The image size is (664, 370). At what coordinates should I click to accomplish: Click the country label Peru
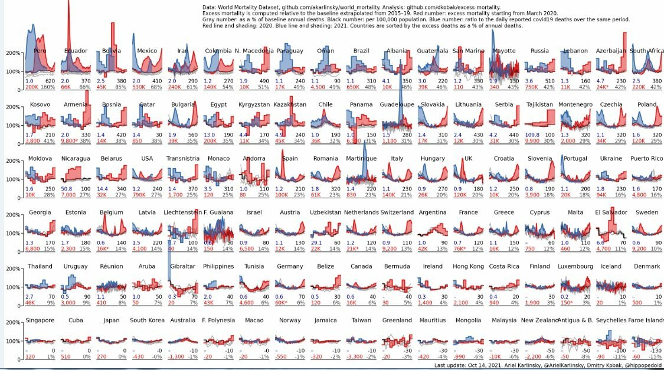pos(40,51)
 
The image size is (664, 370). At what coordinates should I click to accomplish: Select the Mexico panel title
pos(147,51)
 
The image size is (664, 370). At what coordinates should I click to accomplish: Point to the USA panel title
pos(147,158)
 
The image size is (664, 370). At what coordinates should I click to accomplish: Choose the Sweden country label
pos(647,212)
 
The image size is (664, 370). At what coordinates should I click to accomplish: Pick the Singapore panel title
pos(40,320)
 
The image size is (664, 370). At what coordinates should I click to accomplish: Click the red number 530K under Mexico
pos(140,87)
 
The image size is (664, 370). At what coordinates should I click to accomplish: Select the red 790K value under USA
pos(140,194)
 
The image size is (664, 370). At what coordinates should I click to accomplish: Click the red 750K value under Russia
pos(531,87)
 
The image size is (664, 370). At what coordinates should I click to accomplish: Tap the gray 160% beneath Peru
pos(48,87)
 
